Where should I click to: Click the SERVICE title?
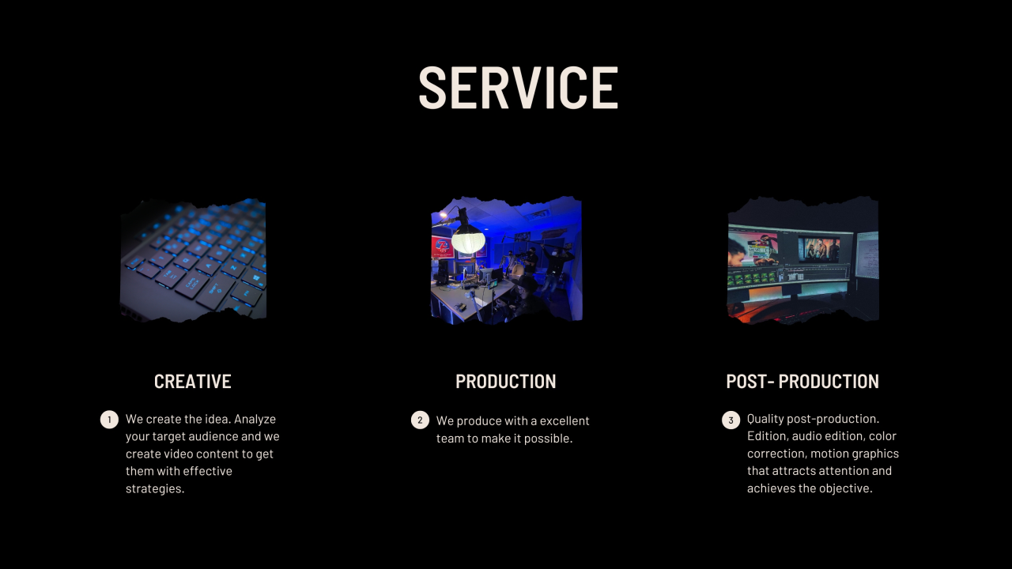tap(518, 87)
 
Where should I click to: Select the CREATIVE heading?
tap(193, 382)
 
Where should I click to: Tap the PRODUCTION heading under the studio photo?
tap(505, 382)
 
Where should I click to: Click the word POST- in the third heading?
tap(750, 382)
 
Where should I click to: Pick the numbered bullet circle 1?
tap(109, 420)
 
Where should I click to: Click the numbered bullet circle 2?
tap(420, 420)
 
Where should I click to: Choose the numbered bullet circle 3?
tap(731, 420)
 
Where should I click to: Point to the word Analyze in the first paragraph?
tap(255, 420)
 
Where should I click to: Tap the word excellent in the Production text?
tap(565, 421)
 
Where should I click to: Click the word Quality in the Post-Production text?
tap(765, 419)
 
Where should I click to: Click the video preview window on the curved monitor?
tap(818, 249)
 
